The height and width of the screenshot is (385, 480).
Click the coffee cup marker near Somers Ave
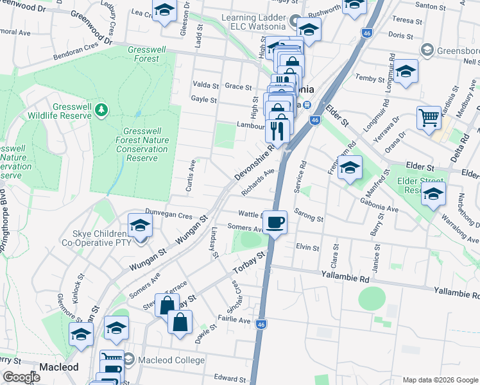(x=275, y=222)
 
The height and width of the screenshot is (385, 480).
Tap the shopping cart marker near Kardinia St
(x=429, y=117)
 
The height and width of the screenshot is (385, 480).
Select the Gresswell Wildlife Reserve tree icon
(x=101, y=110)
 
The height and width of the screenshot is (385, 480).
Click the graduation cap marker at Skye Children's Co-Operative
(x=140, y=225)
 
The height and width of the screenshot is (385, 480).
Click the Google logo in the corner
(x=22, y=377)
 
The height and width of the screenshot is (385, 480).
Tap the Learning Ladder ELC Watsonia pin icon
(x=295, y=21)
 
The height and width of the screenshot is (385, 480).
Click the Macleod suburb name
(x=58, y=367)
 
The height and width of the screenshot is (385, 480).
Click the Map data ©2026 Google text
(x=440, y=380)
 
